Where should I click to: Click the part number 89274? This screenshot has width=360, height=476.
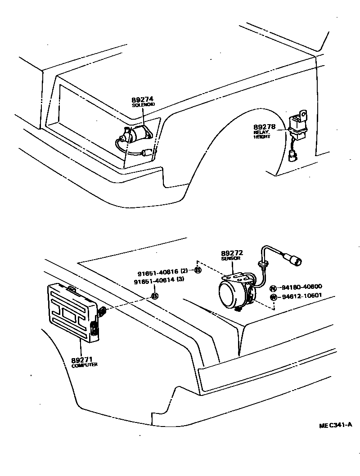pyautogui.click(x=143, y=99)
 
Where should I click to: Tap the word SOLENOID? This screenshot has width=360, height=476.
pyautogui.click(x=143, y=105)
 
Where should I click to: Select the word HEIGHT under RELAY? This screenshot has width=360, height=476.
pyautogui.click(x=262, y=137)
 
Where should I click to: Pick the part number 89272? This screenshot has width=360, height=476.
pyautogui.click(x=232, y=253)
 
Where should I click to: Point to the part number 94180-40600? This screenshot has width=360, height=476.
pyautogui.click(x=302, y=287)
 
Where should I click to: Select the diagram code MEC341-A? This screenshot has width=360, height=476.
pyautogui.click(x=335, y=425)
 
